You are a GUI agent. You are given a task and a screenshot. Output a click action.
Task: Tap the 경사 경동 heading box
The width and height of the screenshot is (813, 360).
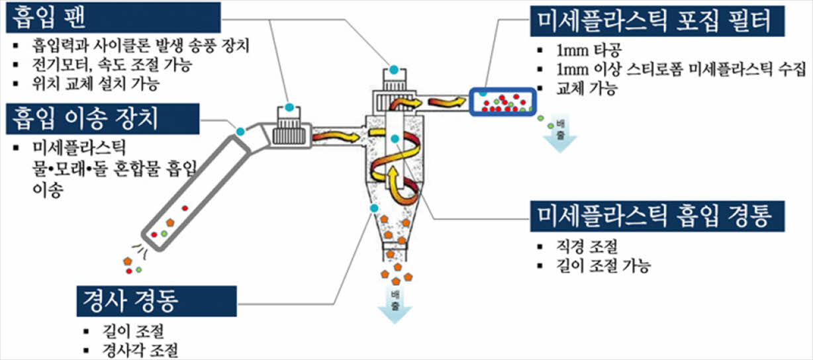coord(156,301)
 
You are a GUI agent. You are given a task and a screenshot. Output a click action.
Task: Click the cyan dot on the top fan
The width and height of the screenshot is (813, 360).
coord(394,69)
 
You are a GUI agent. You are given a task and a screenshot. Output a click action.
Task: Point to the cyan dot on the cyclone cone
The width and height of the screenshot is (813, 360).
coord(372,210)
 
